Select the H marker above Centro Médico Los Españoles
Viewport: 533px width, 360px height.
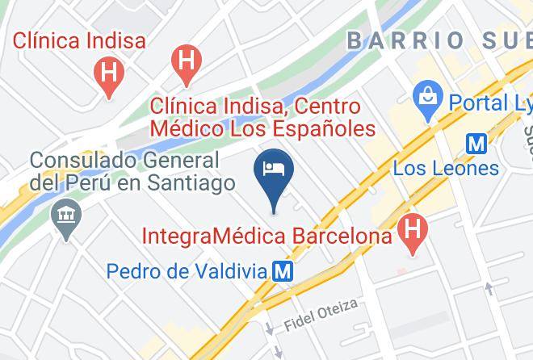click(187, 61)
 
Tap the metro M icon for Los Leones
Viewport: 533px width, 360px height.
click(477, 143)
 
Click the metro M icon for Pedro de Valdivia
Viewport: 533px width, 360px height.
click(283, 271)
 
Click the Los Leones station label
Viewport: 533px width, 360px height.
click(446, 168)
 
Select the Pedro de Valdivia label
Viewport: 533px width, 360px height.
click(187, 271)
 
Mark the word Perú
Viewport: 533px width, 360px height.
click(89, 183)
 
